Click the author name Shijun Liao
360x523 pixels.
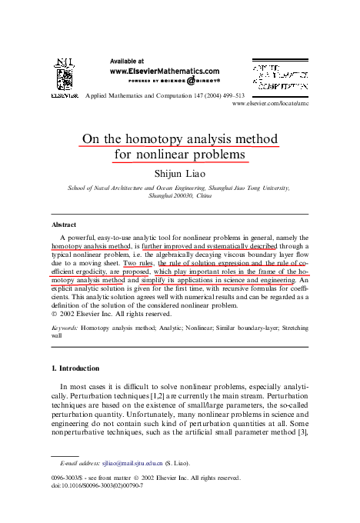[180, 173]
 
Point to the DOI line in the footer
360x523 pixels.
[100, 486]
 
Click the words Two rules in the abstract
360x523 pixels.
[138, 263]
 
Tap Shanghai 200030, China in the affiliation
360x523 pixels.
[179, 196]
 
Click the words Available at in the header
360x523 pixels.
[128, 60]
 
